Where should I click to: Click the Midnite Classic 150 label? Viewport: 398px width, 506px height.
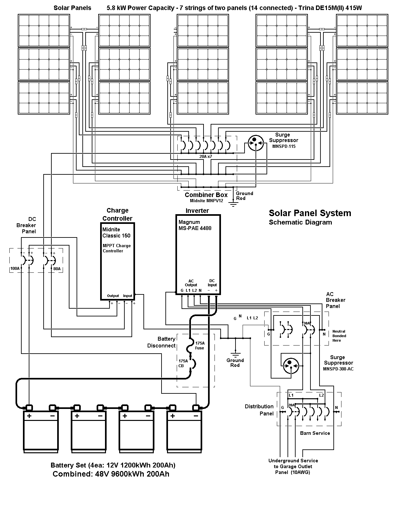(x=116, y=232)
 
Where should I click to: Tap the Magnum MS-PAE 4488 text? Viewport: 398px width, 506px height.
(x=195, y=225)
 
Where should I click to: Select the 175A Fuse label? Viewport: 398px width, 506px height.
(x=200, y=346)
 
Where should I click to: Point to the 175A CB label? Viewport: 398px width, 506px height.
(x=183, y=363)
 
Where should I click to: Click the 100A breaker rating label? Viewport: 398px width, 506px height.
(x=15, y=269)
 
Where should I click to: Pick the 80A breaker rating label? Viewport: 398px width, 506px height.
(x=57, y=269)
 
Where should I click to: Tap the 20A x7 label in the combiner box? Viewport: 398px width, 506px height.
(x=206, y=156)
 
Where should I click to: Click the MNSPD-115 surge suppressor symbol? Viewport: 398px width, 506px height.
(x=256, y=143)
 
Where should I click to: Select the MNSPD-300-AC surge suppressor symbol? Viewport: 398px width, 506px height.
(x=291, y=366)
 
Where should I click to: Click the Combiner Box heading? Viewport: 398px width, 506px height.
(x=206, y=195)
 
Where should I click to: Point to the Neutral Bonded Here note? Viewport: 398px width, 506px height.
(x=339, y=336)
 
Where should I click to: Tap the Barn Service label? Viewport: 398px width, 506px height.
(x=315, y=433)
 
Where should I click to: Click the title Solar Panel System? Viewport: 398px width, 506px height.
(x=310, y=213)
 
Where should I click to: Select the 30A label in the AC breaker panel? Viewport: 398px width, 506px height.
(x=307, y=323)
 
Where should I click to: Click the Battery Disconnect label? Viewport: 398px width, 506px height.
(x=161, y=342)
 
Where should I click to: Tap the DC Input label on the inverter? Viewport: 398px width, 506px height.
(x=212, y=283)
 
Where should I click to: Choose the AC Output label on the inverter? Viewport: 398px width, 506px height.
(x=191, y=283)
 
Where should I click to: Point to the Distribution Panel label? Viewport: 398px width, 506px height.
(x=259, y=410)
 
